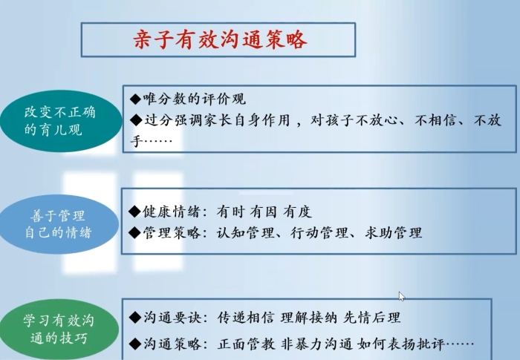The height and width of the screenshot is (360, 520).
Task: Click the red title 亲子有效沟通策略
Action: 220,39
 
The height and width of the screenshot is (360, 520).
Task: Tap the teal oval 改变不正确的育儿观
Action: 61,121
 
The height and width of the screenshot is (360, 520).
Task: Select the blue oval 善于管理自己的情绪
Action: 59,224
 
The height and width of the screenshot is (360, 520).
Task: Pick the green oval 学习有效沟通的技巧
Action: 59,329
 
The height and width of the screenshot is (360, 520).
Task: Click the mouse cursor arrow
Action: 402,297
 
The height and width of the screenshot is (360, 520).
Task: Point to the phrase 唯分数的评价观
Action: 195,99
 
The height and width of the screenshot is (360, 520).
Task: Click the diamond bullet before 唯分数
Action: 136,99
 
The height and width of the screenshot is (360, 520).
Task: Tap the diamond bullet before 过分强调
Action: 136,120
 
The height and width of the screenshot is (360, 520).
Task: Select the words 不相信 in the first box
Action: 435,120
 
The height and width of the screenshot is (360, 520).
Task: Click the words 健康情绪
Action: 172,211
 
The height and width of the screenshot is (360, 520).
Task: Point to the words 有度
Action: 297,212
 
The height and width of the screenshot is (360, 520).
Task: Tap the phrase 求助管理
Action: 393,233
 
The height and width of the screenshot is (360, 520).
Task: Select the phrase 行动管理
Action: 319,233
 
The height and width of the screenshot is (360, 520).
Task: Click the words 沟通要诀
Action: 172,318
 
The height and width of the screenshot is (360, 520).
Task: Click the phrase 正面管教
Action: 246,344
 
